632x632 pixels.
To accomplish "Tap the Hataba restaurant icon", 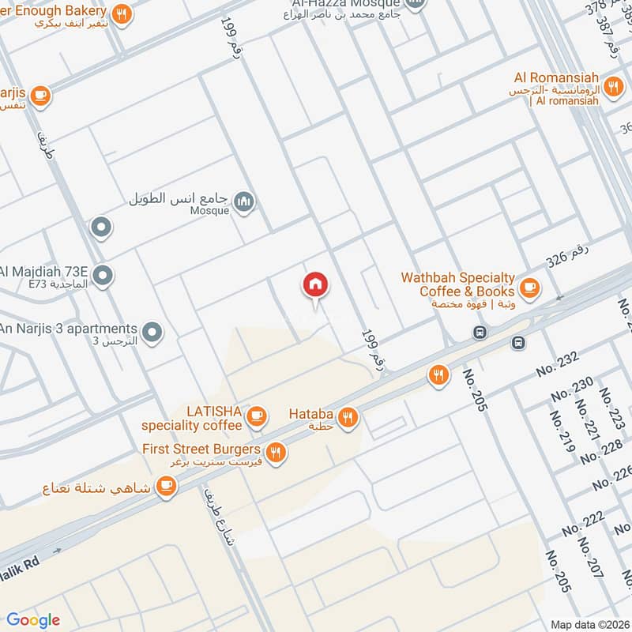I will [x=347, y=416].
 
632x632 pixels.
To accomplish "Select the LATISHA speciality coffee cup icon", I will [x=257, y=416].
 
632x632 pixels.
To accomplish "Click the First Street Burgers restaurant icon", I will [x=275, y=452].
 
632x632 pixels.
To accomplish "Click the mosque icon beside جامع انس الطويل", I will [x=246, y=202].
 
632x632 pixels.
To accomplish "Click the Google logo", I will [x=33, y=620].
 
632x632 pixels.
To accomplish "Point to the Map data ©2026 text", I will [x=589, y=624].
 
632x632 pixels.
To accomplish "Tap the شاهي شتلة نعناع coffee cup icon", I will [x=165, y=487].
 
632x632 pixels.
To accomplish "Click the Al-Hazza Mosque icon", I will [x=416, y=3].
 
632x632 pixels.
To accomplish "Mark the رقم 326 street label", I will [x=568, y=260].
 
